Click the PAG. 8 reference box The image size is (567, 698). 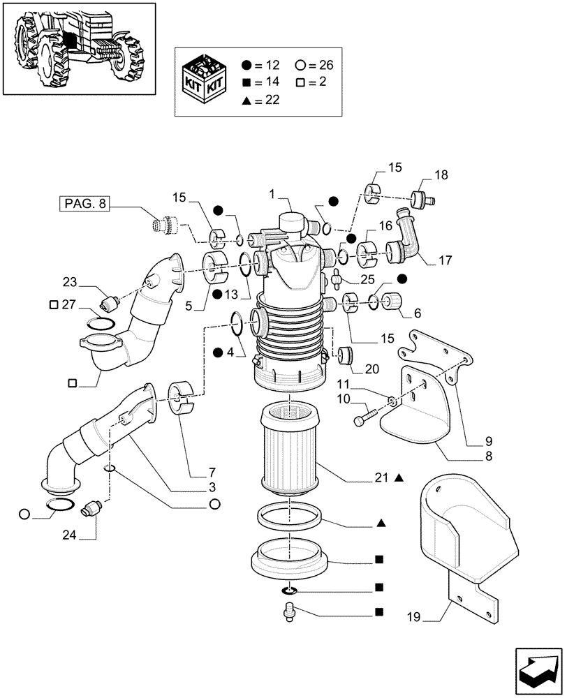[x=84, y=205]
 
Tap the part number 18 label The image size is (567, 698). [x=422, y=174]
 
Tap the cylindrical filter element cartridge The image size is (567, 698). [x=289, y=450]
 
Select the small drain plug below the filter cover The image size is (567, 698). [x=289, y=613]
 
